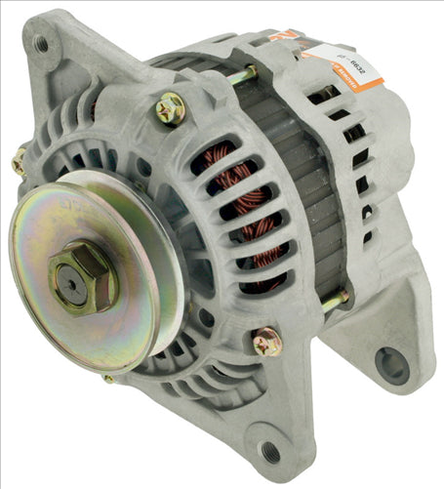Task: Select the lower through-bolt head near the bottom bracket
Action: (x=265, y=342)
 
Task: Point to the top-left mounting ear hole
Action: (x=41, y=43)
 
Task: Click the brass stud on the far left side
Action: (x=19, y=162)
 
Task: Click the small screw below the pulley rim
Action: (x=108, y=378)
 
